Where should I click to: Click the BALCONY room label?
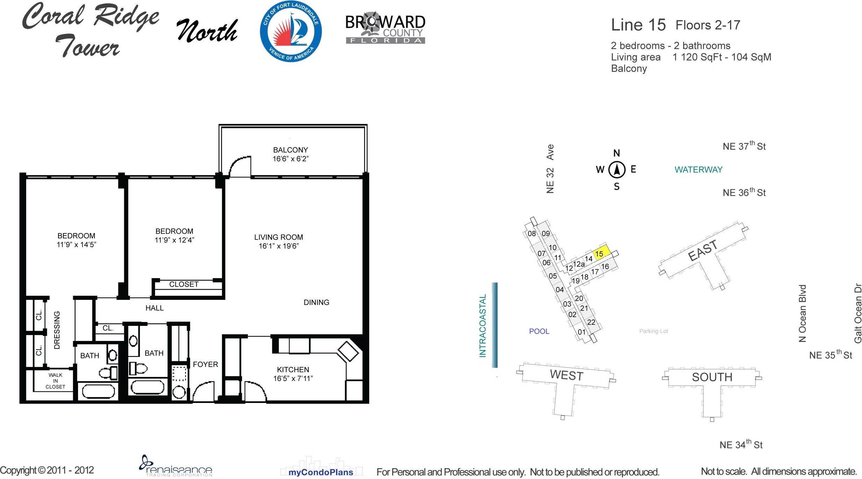[x=290, y=150]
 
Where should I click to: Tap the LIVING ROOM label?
[x=279, y=237]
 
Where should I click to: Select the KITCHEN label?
[x=293, y=370]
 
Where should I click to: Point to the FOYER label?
[x=205, y=364]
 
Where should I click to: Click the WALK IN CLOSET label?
[x=55, y=381]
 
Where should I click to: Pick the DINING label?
[x=316, y=302]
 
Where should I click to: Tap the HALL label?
[x=154, y=308]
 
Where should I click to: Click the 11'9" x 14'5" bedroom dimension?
[x=76, y=245]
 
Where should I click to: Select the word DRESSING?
[x=57, y=330]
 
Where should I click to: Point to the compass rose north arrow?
[x=617, y=170]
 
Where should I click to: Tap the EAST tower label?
[x=702, y=251]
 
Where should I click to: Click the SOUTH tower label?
[x=712, y=377]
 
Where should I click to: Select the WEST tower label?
[x=567, y=375]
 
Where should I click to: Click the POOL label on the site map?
[x=539, y=331]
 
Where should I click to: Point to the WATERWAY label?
[x=699, y=170]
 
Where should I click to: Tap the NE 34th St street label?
[x=741, y=444]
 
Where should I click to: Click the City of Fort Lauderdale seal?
[x=291, y=31]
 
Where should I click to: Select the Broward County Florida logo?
[x=385, y=28]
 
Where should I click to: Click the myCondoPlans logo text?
[x=321, y=472]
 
